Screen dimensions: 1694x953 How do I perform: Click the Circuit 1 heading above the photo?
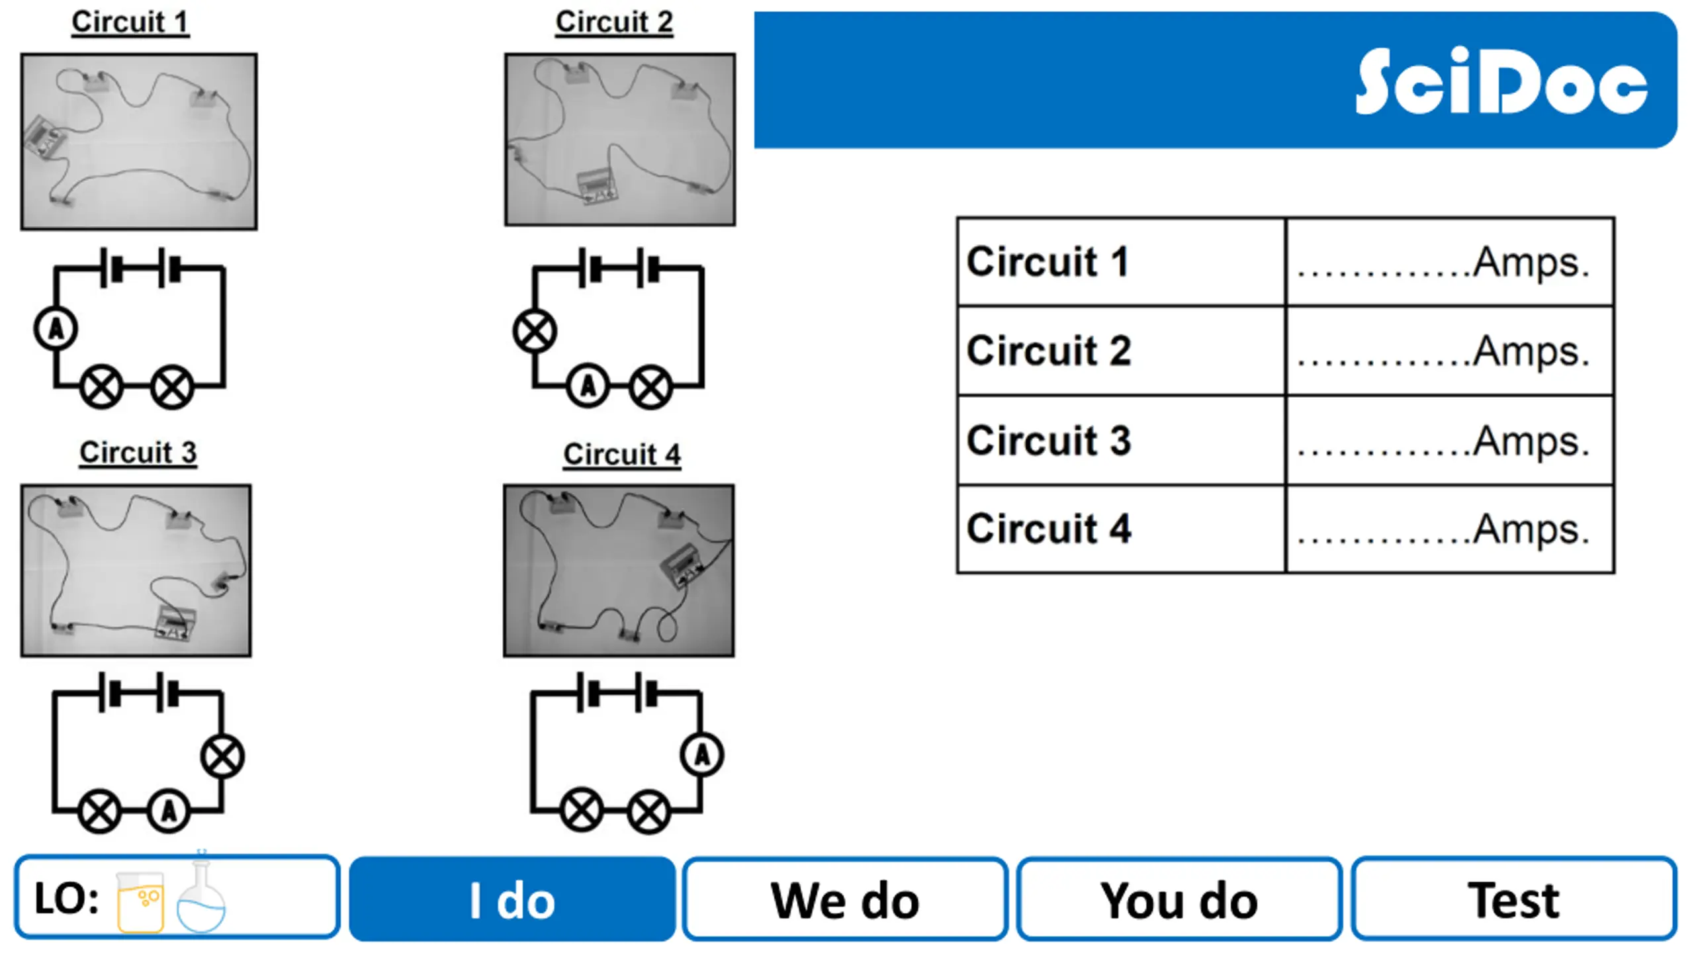[130, 22]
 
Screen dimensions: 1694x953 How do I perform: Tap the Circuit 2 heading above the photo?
[614, 22]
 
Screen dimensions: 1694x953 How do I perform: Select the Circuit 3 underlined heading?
[138, 453]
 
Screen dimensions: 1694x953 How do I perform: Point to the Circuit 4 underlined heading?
[622, 455]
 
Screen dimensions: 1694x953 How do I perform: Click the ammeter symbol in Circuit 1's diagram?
[56, 329]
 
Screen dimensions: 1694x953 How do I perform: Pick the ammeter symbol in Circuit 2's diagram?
[588, 386]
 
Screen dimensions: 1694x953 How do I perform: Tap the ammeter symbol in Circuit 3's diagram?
[169, 811]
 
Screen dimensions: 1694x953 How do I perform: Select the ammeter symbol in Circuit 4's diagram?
[702, 755]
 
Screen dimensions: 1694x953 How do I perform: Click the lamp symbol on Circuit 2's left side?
[535, 331]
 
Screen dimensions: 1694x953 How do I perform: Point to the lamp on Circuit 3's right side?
[222, 757]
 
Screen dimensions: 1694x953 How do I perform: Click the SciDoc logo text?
[1501, 82]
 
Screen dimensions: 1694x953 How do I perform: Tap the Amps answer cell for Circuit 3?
[1450, 440]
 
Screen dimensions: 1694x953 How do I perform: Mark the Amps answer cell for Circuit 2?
[1450, 351]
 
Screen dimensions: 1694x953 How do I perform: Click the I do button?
[512, 899]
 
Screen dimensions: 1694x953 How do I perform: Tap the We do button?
[845, 899]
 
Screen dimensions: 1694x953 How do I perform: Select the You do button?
[1179, 899]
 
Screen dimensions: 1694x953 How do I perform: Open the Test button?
[1513, 899]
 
